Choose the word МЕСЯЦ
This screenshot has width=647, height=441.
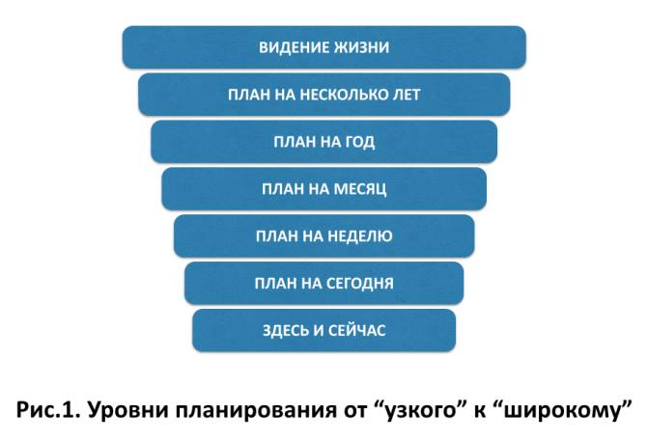[x=358, y=189]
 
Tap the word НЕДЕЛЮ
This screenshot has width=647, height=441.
[x=359, y=235]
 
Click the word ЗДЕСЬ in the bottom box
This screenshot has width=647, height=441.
[x=287, y=330]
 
